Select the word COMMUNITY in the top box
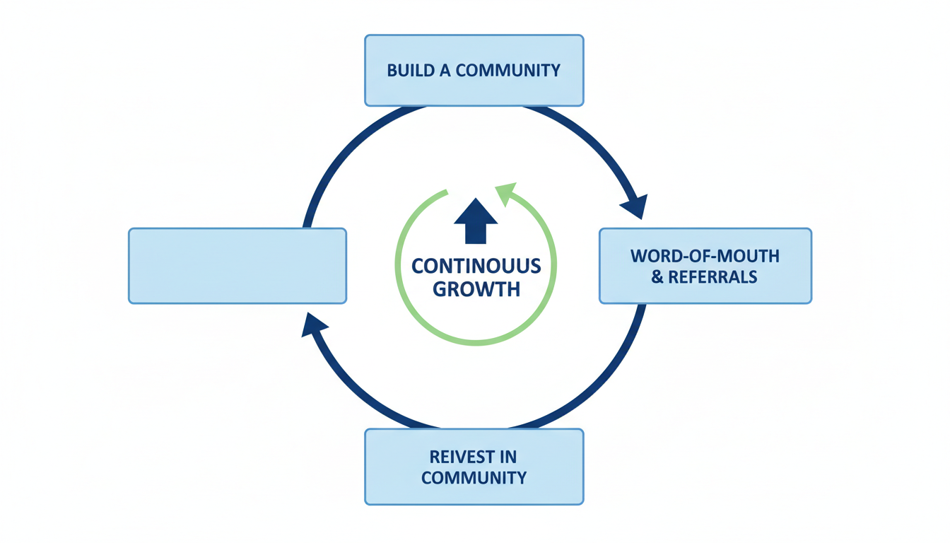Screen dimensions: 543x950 [508, 71]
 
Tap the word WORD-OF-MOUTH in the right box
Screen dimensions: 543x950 [705, 255]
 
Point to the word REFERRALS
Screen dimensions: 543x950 [712, 276]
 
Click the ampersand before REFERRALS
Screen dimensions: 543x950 [657, 276]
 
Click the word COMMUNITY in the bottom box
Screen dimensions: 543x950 [474, 478]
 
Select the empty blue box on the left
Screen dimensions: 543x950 [237, 266]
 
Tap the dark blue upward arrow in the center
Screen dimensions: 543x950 [476, 221]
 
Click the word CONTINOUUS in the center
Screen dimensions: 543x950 [476, 267]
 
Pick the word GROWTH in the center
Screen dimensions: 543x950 [476, 289]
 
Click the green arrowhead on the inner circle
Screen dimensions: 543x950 [505, 192]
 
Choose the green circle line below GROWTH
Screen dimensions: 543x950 [476, 344]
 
